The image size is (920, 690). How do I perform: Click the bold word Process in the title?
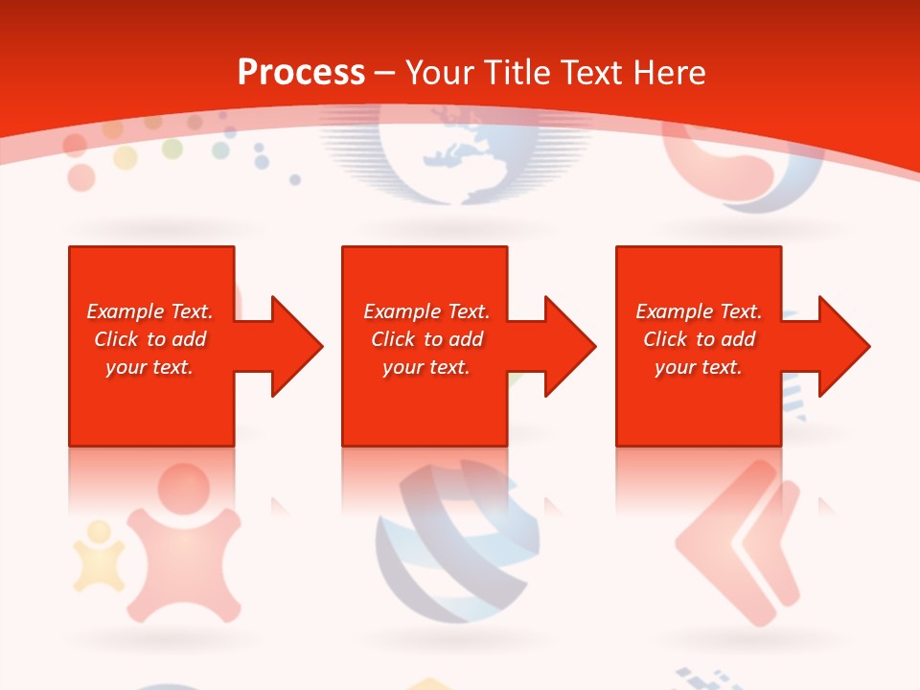pyautogui.click(x=301, y=73)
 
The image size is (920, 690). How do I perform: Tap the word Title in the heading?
pyautogui.click(x=516, y=73)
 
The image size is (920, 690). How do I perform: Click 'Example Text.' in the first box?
pyautogui.click(x=149, y=311)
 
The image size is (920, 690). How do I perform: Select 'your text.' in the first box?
pyautogui.click(x=149, y=367)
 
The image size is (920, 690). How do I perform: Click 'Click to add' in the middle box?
pyautogui.click(x=426, y=339)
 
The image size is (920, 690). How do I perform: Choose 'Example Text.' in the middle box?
pyautogui.click(x=426, y=311)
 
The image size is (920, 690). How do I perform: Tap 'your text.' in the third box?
pyautogui.click(x=699, y=367)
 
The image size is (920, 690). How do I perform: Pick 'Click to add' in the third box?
pyautogui.click(x=699, y=339)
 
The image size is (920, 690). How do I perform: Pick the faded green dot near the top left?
pyautogui.click(x=172, y=149)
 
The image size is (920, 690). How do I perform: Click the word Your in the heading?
pyautogui.click(x=440, y=73)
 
